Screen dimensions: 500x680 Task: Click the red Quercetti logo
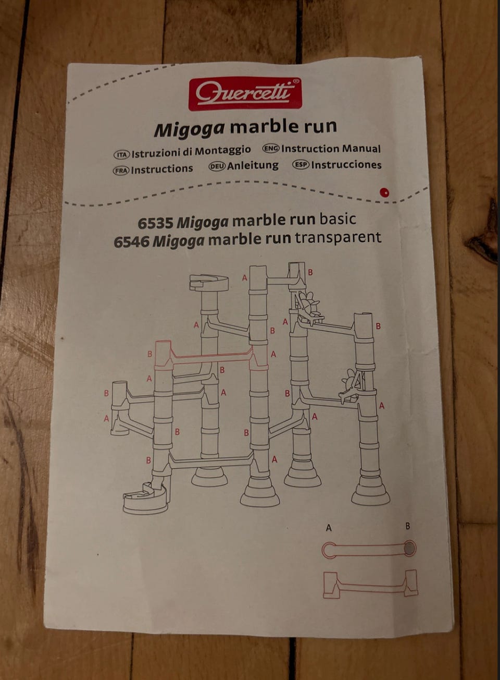click(245, 93)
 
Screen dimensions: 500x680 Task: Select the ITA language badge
click(121, 154)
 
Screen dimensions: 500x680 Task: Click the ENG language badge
click(271, 148)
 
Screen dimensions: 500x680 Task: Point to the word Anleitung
click(253, 166)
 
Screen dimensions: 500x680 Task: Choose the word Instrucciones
click(346, 165)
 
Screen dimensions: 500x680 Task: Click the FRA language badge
click(121, 171)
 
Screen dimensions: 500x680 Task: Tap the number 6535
click(155, 223)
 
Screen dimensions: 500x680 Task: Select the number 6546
click(132, 242)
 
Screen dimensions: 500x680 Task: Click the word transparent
click(338, 237)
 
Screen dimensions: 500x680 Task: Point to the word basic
click(338, 218)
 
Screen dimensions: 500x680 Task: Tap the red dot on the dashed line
click(385, 192)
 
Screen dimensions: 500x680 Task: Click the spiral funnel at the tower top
click(209, 283)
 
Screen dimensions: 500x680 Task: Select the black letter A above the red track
click(329, 528)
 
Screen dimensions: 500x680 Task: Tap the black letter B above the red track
click(408, 526)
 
